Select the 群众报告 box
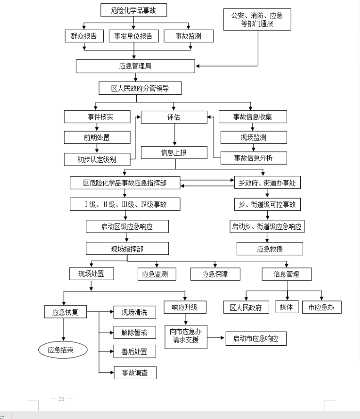[84, 36]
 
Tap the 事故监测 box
[188, 36]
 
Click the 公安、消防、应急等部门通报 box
[257, 19]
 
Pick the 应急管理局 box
[135, 66]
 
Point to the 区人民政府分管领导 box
[140, 88]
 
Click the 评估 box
[174, 117]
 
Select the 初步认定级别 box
[97, 159]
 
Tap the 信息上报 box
[174, 152]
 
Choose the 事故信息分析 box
[253, 158]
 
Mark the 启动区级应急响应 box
[127, 226]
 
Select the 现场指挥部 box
[127, 249]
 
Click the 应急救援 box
[269, 249]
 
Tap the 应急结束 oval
[63, 349]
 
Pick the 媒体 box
[286, 307]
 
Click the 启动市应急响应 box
[256, 338]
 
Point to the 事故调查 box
[135, 373]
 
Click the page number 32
[62, 399]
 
